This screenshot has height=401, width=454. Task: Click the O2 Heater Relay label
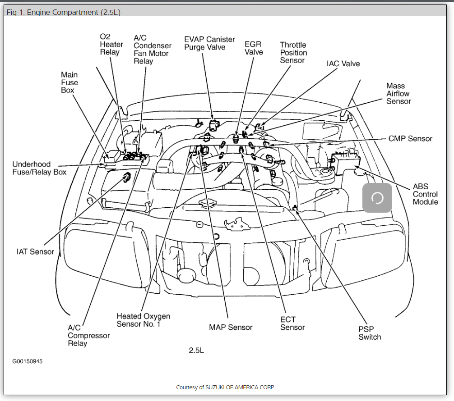[x=111, y=44]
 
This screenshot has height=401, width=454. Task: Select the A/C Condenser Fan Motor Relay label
[x=152, y=50]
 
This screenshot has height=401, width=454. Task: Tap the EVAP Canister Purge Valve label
[x=209, y=43]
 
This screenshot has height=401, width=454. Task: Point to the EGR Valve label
[x=254, y=48]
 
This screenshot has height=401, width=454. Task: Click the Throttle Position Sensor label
[x=293, y=52]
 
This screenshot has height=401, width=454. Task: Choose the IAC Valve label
[x=343, y=64]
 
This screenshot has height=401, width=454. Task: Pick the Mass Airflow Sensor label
[x=398, y=93]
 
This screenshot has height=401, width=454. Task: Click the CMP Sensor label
[x=410, y=139]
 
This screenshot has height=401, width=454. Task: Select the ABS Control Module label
[x=425, y=194]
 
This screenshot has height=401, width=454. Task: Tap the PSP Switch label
[x=370, y=333]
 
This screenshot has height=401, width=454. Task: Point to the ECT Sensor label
[x=292, y=324]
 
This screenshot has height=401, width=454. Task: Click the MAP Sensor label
[x=231, y=327]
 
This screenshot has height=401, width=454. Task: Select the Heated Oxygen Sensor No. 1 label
[x=143, y=320]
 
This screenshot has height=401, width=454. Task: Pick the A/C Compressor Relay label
[x=88, y=336]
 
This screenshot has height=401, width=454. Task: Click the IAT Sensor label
[x=35, y=252]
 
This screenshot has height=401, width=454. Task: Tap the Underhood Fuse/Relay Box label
[x=39, y=168]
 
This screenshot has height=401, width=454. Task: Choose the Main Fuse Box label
[x=69, y=82]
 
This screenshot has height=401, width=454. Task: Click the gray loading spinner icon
[x=377, y=197]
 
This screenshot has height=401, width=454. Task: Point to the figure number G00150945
[x=28, y=361]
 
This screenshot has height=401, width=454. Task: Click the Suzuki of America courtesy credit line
[x=225, y=387]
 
